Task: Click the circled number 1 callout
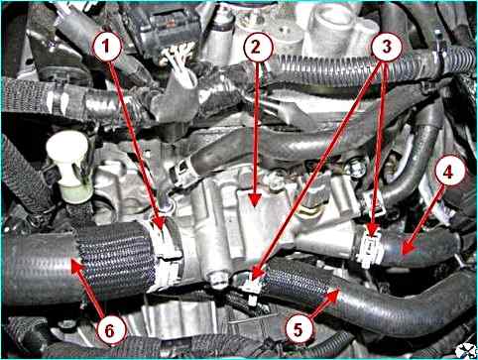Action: (106, 47)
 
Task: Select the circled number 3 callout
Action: (387, 47)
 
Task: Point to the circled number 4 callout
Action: (447, 173)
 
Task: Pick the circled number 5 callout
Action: (299, 329)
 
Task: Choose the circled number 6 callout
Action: (109, 330)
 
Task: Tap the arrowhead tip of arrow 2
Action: (254, 207)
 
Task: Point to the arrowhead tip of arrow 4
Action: (403, 254)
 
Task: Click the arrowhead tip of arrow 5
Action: (340, 289)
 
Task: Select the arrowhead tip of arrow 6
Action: (71, 260)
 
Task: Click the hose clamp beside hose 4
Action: (370, 249)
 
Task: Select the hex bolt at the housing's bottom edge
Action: (218, 280)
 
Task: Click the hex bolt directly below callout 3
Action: (357, 168)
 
